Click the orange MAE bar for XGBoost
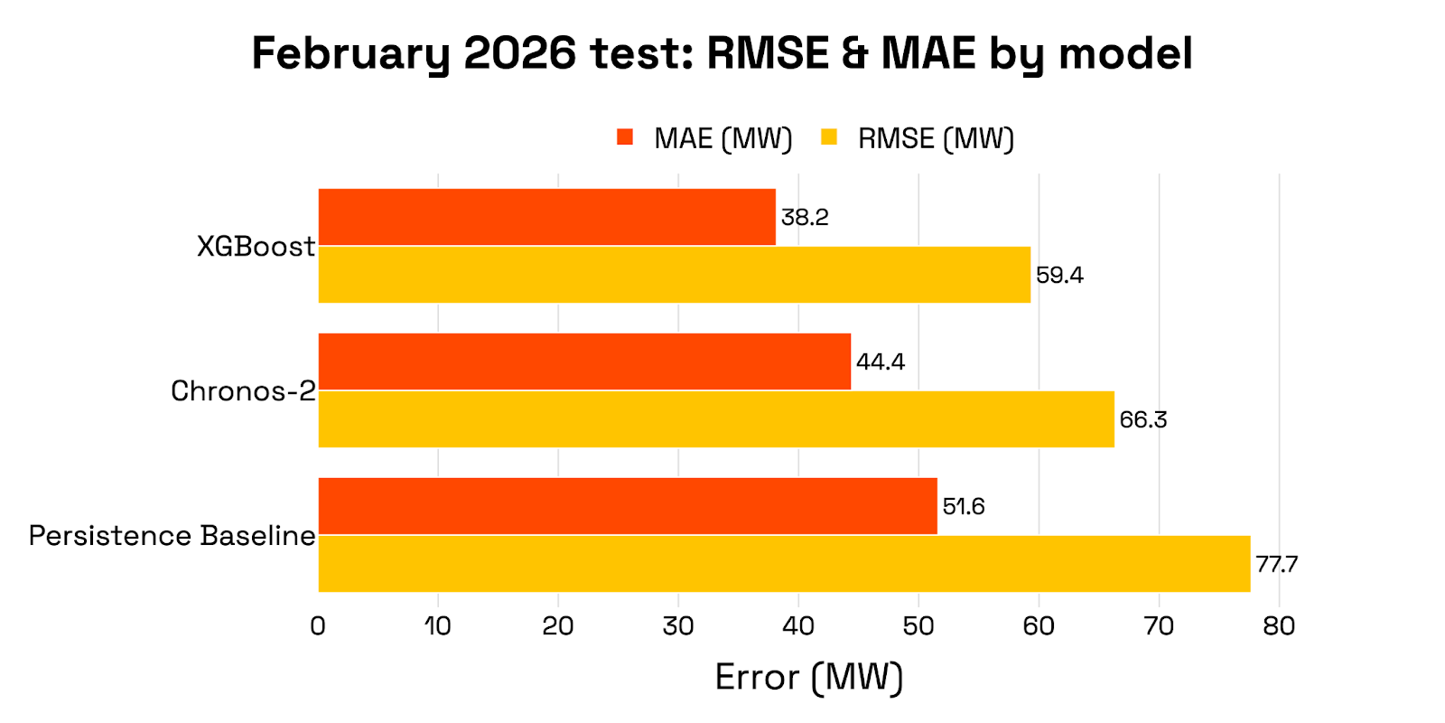click(546, 217)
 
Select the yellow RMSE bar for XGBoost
click(674, 275)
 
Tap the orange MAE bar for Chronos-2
click(584, 361)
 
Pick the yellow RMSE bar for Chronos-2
click(715, 419)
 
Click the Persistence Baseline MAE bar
click(628, 506)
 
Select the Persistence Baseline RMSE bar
click(784, 564)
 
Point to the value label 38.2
click(805, 218)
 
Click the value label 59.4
click(1059, 276)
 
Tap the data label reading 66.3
click(1142, 420)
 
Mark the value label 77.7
click(1276, 565)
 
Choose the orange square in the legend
click(625, 137)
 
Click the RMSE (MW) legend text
click(936, 139)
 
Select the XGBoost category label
click(256, 247)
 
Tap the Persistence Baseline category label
click(172, 536)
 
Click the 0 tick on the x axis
click(318, 625)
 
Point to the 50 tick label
click(918, 625)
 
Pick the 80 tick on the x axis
click(1279, 625)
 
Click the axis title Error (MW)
click(808, 678)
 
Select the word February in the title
click(350, 54)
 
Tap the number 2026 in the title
click(519, 54)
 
